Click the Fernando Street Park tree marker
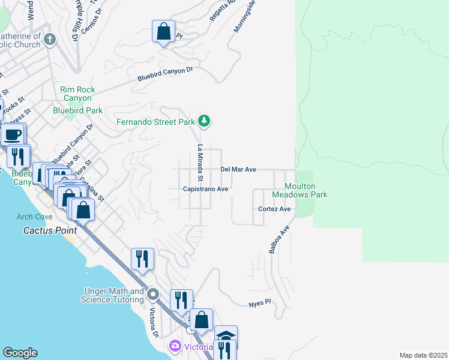click(205, 122)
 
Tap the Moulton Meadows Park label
click(298, 191)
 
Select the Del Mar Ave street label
click(238, 170)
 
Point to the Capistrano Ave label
click(206, 188)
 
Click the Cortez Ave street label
click(274, 209)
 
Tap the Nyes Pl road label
click(260, 304)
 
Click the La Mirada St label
click(200, 164)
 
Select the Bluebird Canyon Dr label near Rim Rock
click(165, 74)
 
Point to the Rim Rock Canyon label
click(76, 94)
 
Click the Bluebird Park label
click(77, 110)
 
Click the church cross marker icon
click(49, 40)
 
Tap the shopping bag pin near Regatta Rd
click(163, 31)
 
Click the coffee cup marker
click(13, 134)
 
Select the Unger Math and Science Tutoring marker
click(154, 295)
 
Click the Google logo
click(20, 353)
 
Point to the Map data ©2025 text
click(423, 355)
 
